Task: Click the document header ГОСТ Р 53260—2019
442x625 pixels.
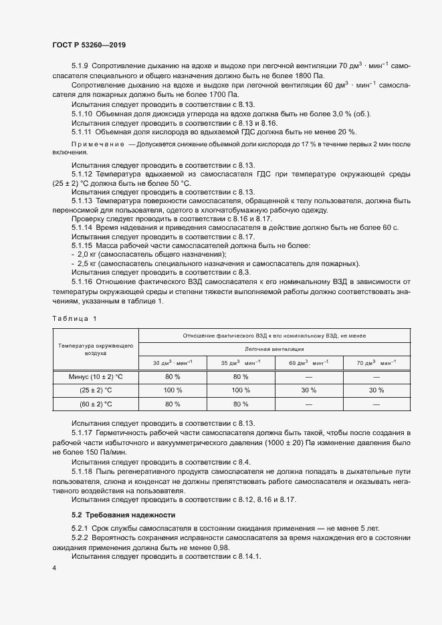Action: (x=89, y=45)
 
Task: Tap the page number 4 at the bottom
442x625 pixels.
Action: (x=53, y=568)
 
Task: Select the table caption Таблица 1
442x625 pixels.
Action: (x=74, y=318)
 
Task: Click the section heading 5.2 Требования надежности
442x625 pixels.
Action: (x=123, y=515)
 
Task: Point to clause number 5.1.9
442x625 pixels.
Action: (x=80, y=66)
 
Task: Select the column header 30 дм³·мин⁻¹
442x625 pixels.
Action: (x=173, y=362)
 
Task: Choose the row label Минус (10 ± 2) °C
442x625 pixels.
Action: (x=94, y=376)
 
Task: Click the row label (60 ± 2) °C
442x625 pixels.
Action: (x=94, y=404)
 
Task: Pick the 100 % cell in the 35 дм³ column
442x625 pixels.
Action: (x=241, y=390)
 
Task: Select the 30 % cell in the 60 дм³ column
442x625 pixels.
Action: (x=308, y=390)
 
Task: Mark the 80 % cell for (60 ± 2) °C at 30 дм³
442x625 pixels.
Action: (x=173, y=404)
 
